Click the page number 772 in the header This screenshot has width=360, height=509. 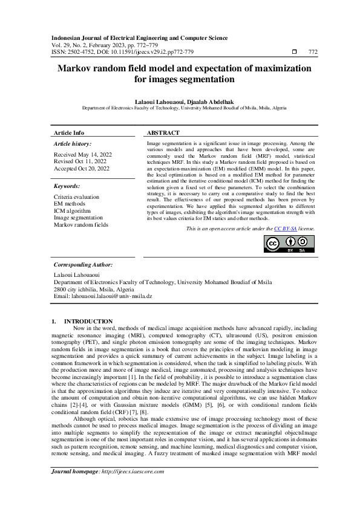313,53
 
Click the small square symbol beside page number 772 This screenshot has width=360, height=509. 294,53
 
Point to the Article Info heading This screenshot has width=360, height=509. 69,132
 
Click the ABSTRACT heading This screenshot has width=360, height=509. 163,132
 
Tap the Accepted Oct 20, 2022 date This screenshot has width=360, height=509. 81,169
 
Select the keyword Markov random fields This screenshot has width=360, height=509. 81,225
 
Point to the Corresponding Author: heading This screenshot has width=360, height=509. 83,265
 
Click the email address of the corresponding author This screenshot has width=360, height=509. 103,297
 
